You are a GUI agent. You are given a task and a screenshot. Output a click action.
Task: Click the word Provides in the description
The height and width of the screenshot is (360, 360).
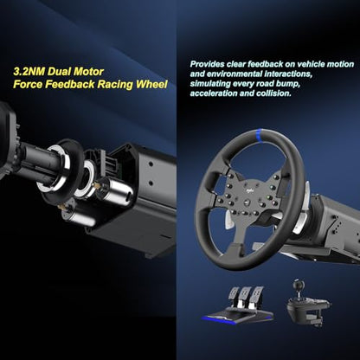click(x=207, y=64)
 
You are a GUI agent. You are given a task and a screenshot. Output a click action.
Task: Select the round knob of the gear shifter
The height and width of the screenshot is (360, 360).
click(x=297, y=285)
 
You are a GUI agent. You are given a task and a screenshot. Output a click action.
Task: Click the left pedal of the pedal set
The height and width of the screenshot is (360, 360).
click(x=234, y=293)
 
